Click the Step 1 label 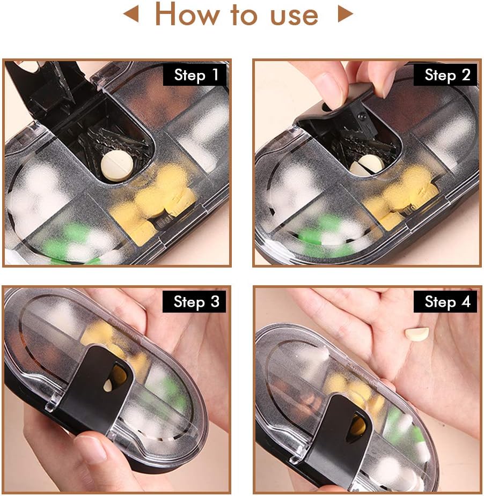point(196,75)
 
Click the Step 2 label point(447,75)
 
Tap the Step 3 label point(196,302)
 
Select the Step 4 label point(447,302)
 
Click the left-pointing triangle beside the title point(131,15)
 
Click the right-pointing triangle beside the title point(345,15)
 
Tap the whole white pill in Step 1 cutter point(116,166)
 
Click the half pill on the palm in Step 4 point(417,335)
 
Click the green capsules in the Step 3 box point(171,394)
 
